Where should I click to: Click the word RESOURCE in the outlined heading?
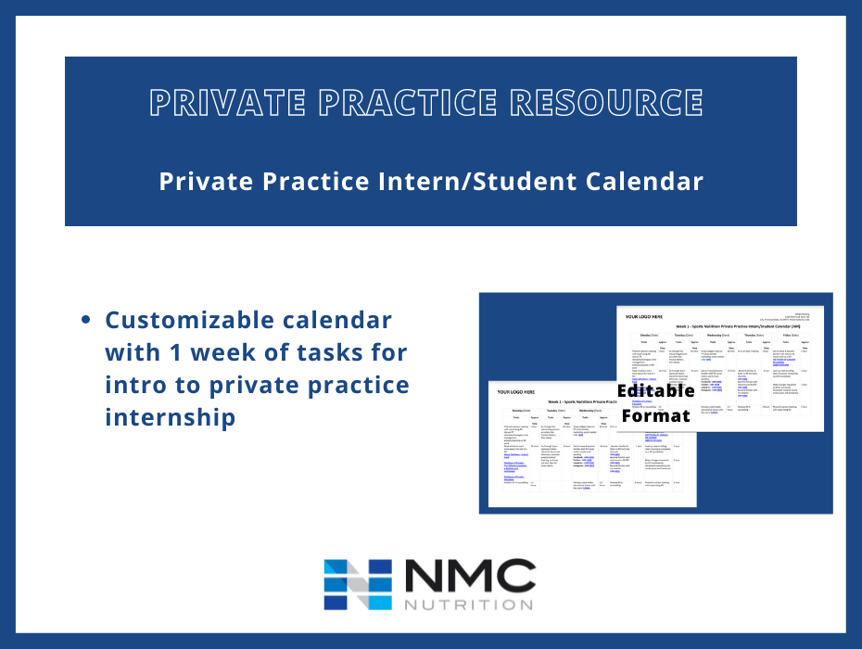[613, 103]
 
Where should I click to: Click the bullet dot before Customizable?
[86, 321]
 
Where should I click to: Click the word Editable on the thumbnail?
[656, 390]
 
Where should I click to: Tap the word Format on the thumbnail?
[656, 415]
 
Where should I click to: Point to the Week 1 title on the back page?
[732, 327]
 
